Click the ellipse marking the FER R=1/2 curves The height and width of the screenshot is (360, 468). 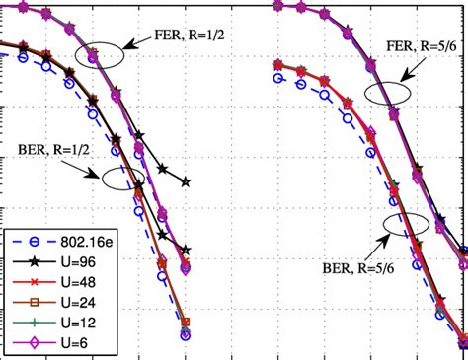(104, 54)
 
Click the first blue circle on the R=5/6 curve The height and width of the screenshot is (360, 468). (278, 75)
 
